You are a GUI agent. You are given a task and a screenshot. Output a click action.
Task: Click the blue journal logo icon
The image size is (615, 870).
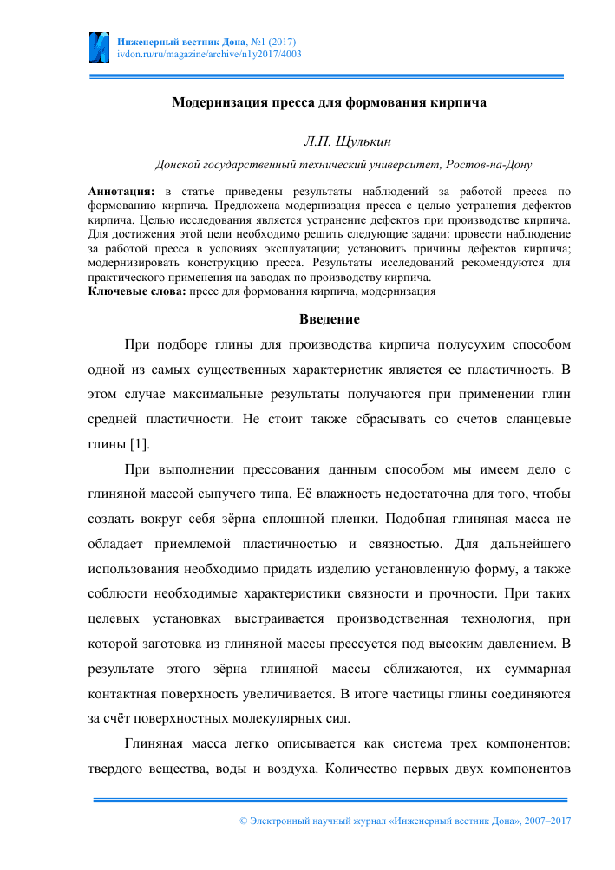pyautogui.click(x=101, y=47)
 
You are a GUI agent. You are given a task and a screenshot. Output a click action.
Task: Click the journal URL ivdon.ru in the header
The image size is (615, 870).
pyautogui.click(x=209, y=55)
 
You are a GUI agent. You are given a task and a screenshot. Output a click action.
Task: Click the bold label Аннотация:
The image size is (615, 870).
pyautogui.click(x=122, y=190)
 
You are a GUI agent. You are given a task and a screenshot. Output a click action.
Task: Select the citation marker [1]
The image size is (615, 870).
pyautogui.click(x=140, y=445)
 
